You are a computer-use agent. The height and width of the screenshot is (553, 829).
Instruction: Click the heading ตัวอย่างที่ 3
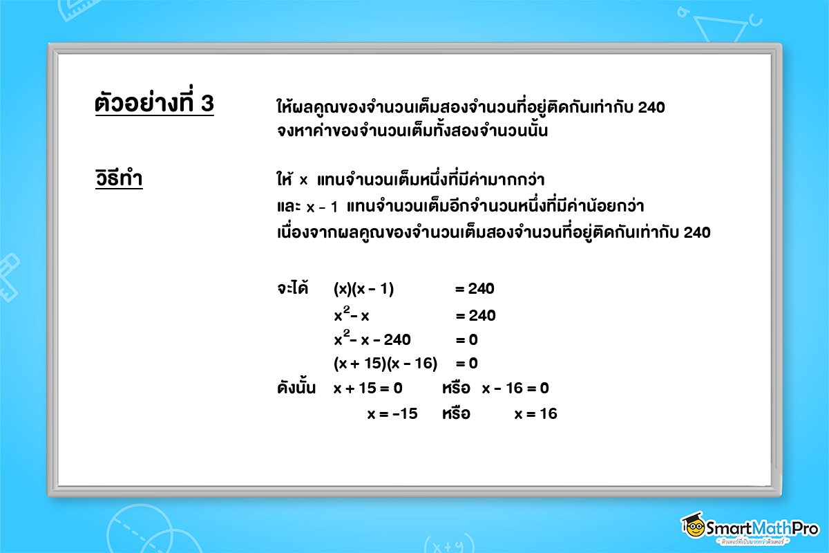point(154,104)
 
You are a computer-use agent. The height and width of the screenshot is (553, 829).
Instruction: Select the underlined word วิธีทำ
point(119,180)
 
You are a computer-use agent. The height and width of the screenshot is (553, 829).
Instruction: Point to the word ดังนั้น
point(296,388)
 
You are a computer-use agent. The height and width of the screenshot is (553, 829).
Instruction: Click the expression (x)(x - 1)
point(363,289)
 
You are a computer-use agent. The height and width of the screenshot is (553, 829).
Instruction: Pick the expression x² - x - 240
point(372,339)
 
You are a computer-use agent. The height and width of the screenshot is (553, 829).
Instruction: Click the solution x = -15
point(392,414)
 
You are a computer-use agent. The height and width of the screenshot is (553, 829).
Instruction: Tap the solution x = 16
point(535,414)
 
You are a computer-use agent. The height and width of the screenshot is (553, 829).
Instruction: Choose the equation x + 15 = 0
point(368,388)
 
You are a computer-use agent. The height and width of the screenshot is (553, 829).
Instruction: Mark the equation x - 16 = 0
point(515,388)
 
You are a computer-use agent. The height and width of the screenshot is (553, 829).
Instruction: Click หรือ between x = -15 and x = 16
point(456,414)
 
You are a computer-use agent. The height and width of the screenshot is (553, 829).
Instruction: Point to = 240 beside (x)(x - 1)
point(475,289)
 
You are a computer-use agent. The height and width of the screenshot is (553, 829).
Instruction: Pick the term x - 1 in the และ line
point(322,207)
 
